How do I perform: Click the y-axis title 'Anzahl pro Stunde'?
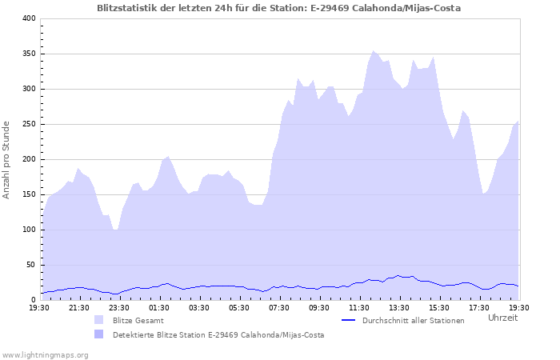click(x=6, y=159)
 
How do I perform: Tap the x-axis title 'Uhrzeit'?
click(x=502, y=318)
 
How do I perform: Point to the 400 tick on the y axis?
click(x=28, y=18)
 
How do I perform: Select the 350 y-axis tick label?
click(x=28, y=54)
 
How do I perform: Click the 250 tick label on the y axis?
click(x=28, y=124)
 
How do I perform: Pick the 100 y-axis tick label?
click(x=28, y=230)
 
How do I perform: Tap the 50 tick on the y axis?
click(x=30, y=265)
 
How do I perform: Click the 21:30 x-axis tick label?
click(x=79, y=307)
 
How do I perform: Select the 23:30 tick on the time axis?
click(x=119, y=307)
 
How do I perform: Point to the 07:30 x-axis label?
click(x=279, y=307)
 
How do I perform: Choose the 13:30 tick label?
click(x=399, y=307)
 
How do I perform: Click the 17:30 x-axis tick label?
click(x=479, y=307)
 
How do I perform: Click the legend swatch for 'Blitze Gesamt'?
click(x=99, y=320)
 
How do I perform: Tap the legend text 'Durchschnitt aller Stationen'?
click(x=413, y=320)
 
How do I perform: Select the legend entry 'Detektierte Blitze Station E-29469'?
click(x=218, y=334)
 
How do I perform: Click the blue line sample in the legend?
click(x=348, y=320)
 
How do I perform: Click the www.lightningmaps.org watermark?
click(x=45, y=354)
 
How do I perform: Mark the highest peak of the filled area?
click(x=373, y=50)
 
